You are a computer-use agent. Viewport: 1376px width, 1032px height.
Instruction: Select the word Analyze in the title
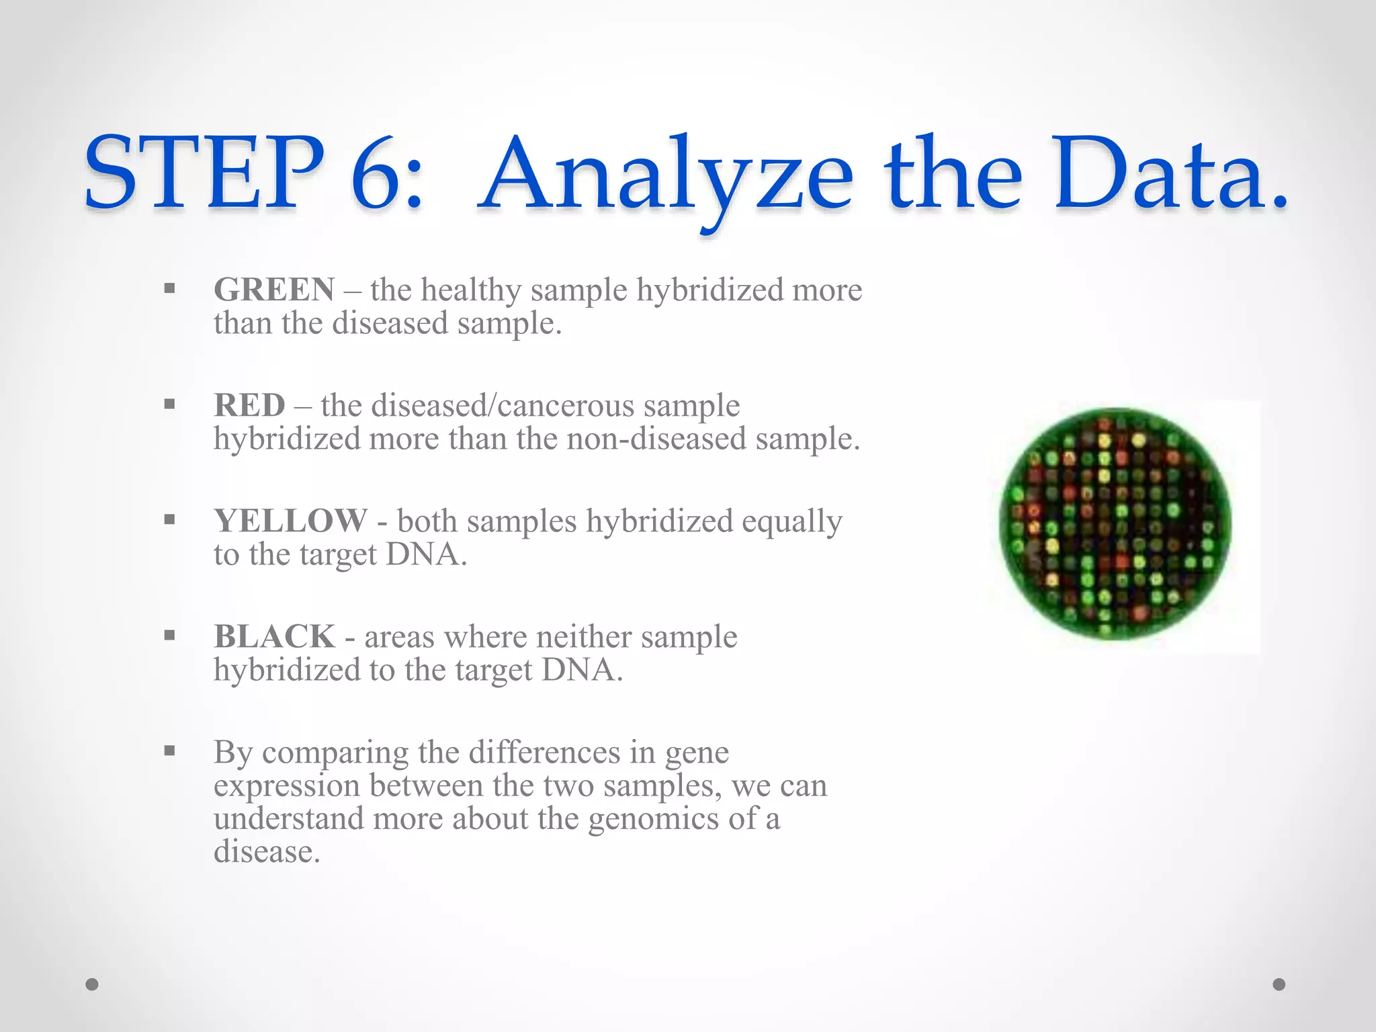(665, 176)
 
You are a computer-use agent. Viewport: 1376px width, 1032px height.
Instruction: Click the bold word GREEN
(274, 290)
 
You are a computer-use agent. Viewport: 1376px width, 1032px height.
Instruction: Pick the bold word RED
(249, 406)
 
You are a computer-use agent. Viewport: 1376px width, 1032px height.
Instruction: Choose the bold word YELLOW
(290, 521)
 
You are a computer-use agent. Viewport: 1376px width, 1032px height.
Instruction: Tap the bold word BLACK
(274, 637)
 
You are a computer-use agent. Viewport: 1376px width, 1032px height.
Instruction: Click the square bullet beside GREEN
(169, 289)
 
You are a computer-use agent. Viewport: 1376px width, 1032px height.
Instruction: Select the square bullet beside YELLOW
(169, 519)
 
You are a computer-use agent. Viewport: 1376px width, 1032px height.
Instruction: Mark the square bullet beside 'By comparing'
(169, 750)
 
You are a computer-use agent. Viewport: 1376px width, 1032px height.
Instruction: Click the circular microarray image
(1115, 523)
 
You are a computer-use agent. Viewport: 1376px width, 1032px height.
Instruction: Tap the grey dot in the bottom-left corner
(92, 984)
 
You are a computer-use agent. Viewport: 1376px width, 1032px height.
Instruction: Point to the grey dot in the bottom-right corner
(1279, 984)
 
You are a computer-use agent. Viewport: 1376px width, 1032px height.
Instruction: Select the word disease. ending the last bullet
(267, 852)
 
